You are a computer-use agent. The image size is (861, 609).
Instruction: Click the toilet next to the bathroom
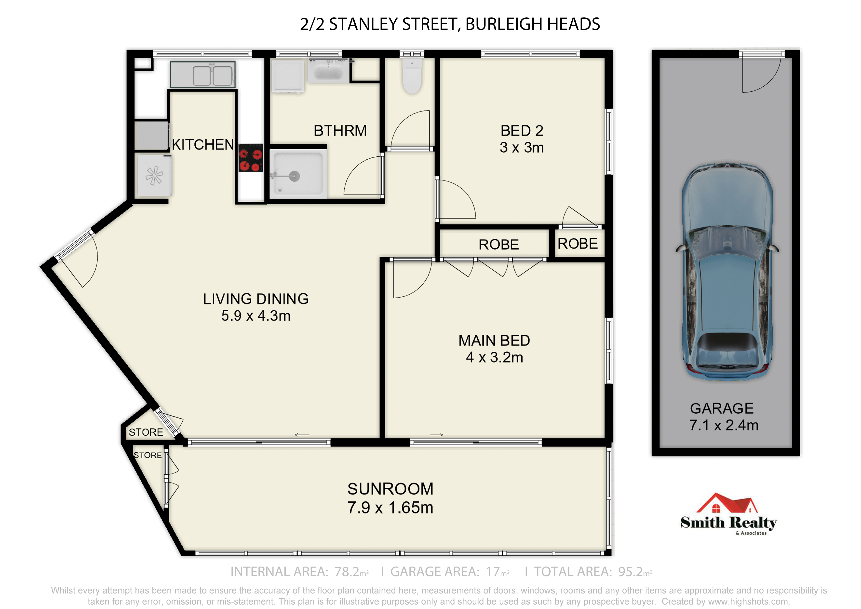[x=412, y=76]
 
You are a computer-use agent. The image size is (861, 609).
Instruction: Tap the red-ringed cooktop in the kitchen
[x=251, y=158]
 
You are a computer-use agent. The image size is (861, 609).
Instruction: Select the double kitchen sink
[x=203, y=74]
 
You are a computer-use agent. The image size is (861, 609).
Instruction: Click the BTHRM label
[x=340, y=131]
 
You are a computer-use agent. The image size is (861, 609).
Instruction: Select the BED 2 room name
[x=522, y=131]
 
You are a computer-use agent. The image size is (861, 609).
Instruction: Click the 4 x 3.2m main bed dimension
[x=494, y=358]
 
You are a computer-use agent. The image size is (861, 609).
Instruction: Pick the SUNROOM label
[x=390, y=489]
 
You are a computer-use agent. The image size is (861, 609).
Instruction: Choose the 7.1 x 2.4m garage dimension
[x=724, y=425]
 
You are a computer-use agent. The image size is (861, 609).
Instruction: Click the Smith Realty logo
[x=728, y=514]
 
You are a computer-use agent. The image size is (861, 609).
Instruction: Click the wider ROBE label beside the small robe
[x=498, y=245]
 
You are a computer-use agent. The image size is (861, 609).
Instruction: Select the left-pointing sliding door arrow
[x=302, y=435]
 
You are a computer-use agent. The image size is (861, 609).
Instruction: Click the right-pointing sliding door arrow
[x=436, y=435]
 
